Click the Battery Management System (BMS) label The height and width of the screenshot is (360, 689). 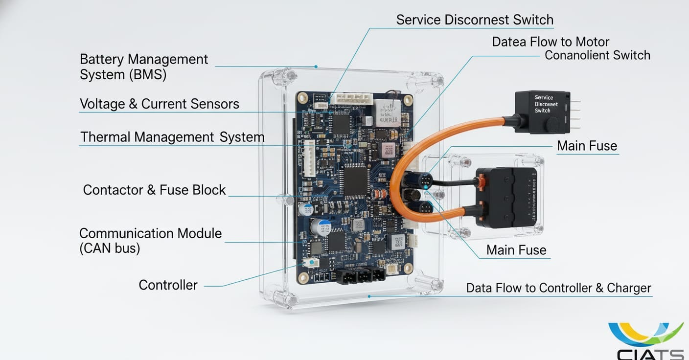pos(143,67)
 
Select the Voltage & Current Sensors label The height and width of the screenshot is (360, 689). pos(159,104)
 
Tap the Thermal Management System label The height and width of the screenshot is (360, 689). pos(172,137)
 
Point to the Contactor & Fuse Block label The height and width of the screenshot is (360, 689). pos(154,190)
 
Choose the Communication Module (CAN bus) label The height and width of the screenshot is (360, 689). pos(150,241)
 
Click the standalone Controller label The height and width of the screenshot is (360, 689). pos(168,285)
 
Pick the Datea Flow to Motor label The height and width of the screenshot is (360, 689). pos(551,42)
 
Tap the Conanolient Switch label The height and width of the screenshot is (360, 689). pos(597,55)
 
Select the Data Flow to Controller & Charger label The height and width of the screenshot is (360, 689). pos(558,288)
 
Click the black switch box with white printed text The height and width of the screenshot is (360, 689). pos(542,111)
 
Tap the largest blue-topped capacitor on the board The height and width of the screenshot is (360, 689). pos(322,227)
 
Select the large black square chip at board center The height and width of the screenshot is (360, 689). pos(355,180)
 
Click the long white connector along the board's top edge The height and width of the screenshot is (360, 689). pos(351,99)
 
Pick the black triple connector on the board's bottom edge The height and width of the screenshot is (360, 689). pos(361,276)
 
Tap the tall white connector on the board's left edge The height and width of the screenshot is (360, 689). pos(309,158)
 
